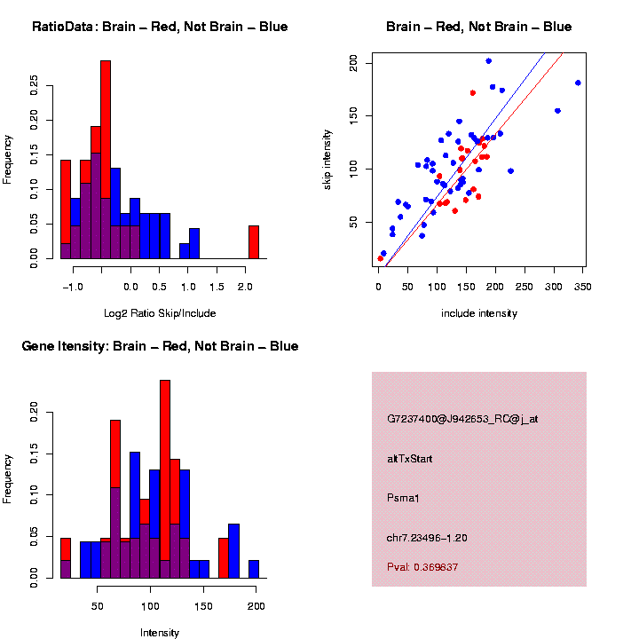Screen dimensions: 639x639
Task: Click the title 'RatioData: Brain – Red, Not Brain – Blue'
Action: [160, 27]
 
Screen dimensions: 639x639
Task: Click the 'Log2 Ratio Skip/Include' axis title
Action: [160, 312]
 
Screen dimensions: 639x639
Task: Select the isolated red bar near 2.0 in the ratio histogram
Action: [254, 241]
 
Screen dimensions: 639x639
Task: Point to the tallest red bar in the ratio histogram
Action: [106, 160]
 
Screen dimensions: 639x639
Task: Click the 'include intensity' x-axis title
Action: [479, 312]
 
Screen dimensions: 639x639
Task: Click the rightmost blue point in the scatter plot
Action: [578, 83]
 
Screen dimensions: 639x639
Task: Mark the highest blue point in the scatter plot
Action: [489, 61]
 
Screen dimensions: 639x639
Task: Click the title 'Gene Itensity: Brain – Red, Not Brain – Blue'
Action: [160, 345]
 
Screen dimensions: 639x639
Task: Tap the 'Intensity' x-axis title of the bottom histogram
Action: [160, 633]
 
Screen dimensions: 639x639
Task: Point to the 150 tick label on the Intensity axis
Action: [203, 606]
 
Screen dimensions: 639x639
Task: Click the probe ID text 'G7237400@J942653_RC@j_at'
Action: [462, 419]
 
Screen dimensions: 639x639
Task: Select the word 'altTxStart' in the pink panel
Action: [410, 459]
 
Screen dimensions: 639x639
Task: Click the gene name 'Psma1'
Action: [403, 498]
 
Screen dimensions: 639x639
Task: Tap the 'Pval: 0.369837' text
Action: [422, 566]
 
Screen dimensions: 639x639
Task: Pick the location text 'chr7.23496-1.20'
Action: [427, 538]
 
